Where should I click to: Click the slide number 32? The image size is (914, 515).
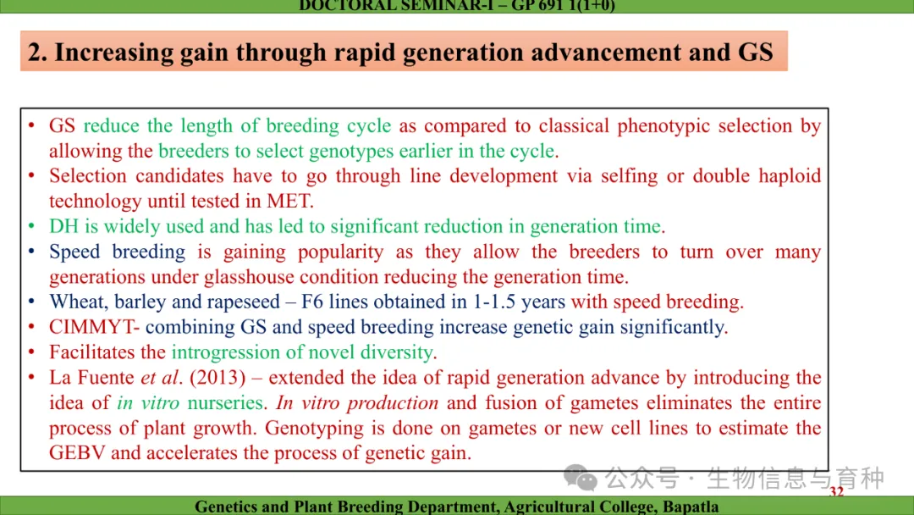(x=836, y=491)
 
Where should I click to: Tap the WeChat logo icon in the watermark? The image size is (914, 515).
(x=580, y=478)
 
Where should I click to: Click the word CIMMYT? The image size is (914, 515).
(x=91, y=327)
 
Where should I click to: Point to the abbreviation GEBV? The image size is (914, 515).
(x=77, y=453)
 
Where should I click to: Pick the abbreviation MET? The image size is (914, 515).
(x=289, y=202)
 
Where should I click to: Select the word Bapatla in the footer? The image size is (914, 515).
(x=691, y=507)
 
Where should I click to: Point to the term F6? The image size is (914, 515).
(x=311, y=302)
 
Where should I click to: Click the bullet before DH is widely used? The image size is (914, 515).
(x=31, y=225)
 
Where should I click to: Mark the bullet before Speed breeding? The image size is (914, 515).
(x=31, y=252)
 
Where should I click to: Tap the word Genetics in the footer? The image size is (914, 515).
(x=223, y=507)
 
